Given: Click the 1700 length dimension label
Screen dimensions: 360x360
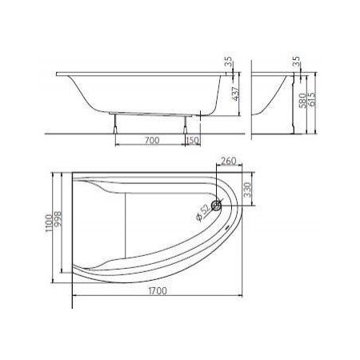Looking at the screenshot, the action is coord(158,290).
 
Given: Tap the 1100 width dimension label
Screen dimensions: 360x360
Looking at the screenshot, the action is coord(49,223).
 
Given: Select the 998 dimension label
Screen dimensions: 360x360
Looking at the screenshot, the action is coord(58,219).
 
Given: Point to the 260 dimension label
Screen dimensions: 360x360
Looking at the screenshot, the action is coord(229,161).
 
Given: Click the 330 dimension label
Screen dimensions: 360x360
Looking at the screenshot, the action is coord(248,190).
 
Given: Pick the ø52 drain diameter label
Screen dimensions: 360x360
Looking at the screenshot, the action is coord(203,214).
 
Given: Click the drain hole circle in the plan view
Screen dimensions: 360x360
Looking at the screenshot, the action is coord(216,206).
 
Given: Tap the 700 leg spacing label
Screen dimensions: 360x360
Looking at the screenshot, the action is coord(152,140).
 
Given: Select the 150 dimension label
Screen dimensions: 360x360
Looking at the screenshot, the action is coord(193,140).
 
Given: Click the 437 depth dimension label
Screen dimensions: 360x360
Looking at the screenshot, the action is coord(236,94).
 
